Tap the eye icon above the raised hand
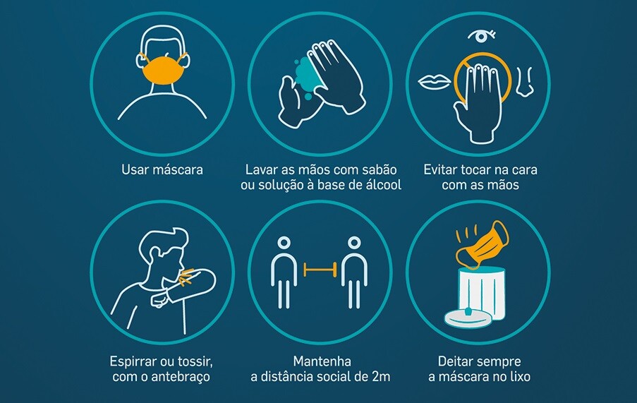point(481,36)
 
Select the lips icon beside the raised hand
point(435,82)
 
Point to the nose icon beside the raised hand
point(524,83)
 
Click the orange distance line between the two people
point(320,270)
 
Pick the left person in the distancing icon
point(284,272)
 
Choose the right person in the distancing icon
point(354,272)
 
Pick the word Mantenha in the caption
point(322,361)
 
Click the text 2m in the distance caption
point(381,377)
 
